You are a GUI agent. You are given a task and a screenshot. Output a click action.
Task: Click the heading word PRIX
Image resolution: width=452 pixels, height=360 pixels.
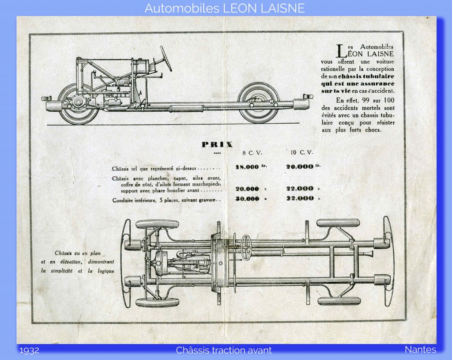click(x=217, y=144)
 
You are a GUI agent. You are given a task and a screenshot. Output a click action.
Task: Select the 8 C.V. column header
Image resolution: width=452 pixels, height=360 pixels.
click(x=252, y=153)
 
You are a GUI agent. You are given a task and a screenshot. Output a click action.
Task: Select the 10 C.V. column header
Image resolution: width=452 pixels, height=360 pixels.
click(x=302, y=152)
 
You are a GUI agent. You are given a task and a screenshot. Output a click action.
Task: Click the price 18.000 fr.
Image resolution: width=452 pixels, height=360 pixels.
click(x=251, y=167)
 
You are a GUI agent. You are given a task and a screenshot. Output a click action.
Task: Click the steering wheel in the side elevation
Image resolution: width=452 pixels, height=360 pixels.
click(x=166, y=59)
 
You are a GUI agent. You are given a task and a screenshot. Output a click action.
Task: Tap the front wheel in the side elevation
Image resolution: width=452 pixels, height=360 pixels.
click(x=78, y=104)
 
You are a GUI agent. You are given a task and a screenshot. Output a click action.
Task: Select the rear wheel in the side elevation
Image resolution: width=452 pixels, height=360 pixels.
click(x=258, y=103)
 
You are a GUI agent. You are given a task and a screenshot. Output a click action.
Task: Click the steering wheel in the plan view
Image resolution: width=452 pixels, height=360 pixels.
click(x=246, y=247)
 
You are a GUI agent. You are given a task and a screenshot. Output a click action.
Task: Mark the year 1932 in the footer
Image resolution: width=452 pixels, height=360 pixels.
click(x=29, y=350)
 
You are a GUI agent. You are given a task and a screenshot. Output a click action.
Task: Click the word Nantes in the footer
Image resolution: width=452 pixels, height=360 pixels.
click(x=420, y=349)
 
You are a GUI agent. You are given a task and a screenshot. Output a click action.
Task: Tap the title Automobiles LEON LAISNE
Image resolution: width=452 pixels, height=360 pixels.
click(x=225, y=8)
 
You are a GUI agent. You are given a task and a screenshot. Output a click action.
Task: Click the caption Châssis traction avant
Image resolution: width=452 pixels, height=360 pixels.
click(x=224, y=350)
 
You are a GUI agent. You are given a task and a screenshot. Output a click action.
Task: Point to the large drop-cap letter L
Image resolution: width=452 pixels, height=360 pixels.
click(x=342, y=51)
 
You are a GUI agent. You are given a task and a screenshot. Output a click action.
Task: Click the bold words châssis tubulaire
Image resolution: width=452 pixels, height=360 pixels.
click(x=366, y=76)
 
